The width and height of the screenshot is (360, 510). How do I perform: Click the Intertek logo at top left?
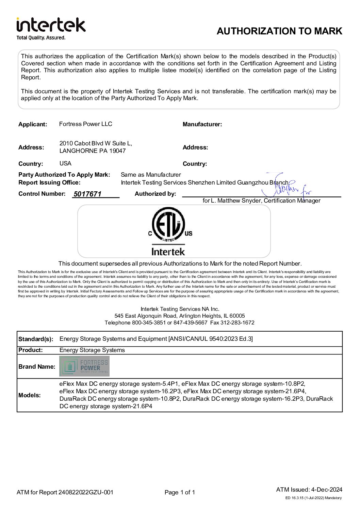pyautogui.click(x=51, y=25)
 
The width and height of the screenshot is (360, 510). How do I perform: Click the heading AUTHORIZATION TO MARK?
pyautogui.click(x=279, y=31)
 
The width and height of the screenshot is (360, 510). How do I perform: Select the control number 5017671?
pyautogui.click(x=87, y=194)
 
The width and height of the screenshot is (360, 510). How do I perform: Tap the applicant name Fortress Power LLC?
pyautogui.click(x=85, y=124)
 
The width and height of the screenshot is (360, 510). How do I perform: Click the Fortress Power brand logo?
pyautogui.click(x=84, y=366)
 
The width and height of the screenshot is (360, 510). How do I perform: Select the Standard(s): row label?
pyautogui.click(x=36, y=339)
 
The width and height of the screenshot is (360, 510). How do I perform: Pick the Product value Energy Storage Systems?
pyautogui.click(x=92, y=350)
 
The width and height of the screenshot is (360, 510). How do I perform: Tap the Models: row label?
pyautogui.click(x=30, y=395)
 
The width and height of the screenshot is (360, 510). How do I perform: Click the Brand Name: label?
pyautogui.click(x=37, y=367)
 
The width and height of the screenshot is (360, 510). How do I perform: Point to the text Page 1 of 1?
pyautogui.click(x=180, y=492)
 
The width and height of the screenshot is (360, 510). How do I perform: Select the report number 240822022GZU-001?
pyautogui.click(x=86, y=492)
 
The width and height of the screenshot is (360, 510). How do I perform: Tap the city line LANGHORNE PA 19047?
pyautogui.click(x=93, y=151)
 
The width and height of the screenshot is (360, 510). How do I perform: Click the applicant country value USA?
pyautogui.click(x=65, y=163)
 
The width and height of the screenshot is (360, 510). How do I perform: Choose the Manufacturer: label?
pyautogui.click(x=202, y=124)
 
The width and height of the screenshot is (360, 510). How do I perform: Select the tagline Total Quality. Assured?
pyautogui.click(x=41, y=38)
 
